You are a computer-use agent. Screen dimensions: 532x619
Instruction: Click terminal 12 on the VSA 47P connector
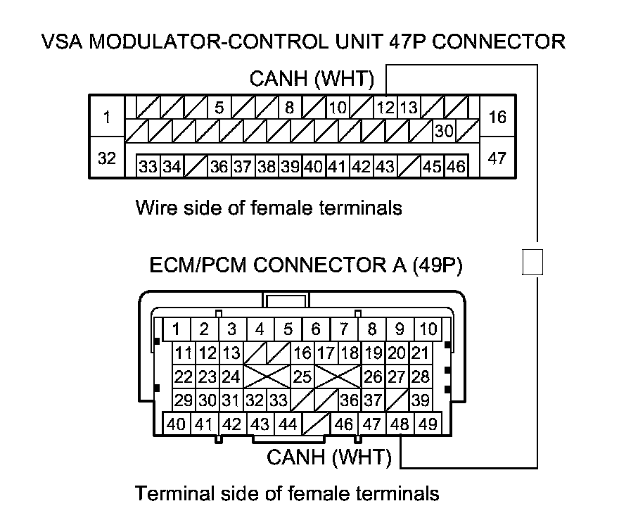point(385,108)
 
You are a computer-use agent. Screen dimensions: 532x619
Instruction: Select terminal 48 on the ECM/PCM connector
point(400,424)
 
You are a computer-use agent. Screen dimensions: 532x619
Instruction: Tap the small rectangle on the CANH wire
point(534,262)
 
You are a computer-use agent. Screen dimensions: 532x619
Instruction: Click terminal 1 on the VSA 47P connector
point(107,117)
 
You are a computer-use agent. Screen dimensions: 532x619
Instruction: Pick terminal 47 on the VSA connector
point(497,158)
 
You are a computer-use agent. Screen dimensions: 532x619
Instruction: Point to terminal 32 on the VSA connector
point(107,158)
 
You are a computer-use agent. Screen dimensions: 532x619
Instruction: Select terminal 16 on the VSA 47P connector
point(497,117)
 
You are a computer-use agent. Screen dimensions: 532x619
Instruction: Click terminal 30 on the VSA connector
point(443,131)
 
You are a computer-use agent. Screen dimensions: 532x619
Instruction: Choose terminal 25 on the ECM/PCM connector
point(302,376)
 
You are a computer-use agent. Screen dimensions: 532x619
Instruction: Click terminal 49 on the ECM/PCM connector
point(428,424)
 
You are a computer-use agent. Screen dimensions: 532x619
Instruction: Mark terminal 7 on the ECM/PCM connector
point(344,329)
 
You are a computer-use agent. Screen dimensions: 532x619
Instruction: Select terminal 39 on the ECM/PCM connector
point(421,400)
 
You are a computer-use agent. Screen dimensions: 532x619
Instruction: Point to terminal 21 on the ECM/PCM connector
point(421,353)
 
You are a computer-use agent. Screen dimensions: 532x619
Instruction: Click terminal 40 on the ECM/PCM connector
point(177,424)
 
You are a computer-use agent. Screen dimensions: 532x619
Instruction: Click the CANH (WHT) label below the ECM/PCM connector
point(328,457)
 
